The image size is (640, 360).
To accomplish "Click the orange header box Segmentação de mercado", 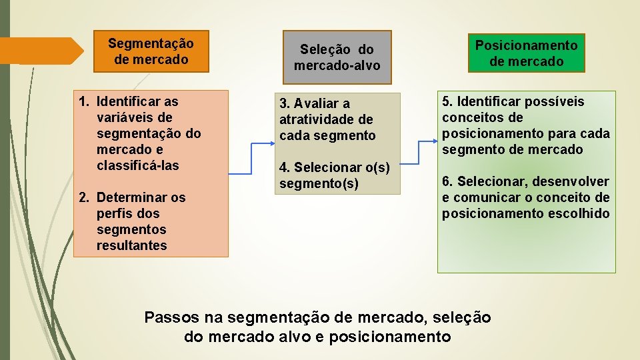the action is (151, 51).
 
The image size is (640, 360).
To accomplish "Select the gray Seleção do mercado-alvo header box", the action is (337, 57).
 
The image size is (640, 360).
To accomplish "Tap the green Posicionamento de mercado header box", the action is (526, 53).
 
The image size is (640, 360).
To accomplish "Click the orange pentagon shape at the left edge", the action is (40, 51).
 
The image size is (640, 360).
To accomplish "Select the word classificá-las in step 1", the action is (138, 165).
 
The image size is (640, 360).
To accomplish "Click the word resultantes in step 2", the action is (131, 245).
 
